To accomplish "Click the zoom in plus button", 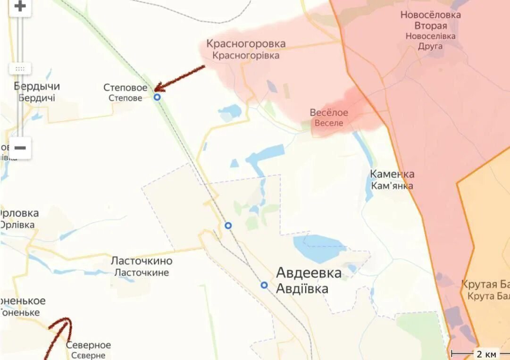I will tap(20, 7).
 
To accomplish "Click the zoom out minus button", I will tap(20, 148).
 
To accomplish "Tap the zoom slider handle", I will tap(20, 68).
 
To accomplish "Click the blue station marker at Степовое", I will tap(157, 97).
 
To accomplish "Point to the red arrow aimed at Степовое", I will tap(179, 77).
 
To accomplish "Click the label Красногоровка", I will tap(246, 44).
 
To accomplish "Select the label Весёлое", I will tap(329, 113).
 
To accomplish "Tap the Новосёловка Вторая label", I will tap(430, 20).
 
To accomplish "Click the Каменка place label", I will tap(392, 175).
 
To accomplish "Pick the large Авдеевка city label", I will tap(309, 273).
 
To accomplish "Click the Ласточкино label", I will tap(142, 261).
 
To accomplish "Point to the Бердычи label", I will tap(37, 87).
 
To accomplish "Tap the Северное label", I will tap(88, 345).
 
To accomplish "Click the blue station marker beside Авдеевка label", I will tap(264, 285).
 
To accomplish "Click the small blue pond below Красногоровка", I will tap(230, 111).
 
